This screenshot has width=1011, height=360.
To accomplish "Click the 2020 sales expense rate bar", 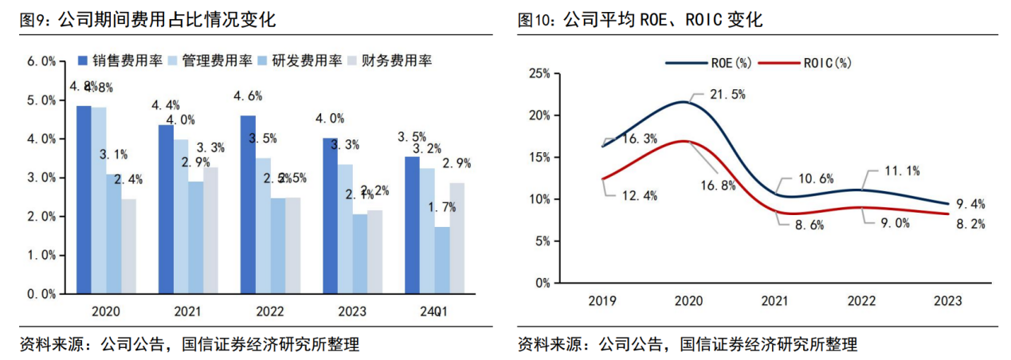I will click(x=84, y=199).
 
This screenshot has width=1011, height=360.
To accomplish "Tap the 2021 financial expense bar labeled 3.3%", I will click(x=211, y=230).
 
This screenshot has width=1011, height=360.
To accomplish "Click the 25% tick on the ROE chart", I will click(x=539, y=74).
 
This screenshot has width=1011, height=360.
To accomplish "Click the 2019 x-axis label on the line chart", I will click(x=602, y=302).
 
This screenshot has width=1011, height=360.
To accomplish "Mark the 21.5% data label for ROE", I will click(x=727, y=95).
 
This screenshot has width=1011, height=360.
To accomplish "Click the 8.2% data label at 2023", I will click(x=970, y=225).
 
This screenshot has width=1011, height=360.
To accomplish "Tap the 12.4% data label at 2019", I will click(x=639, y=196).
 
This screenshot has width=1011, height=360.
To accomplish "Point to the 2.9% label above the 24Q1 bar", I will click(x=456, y=164).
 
